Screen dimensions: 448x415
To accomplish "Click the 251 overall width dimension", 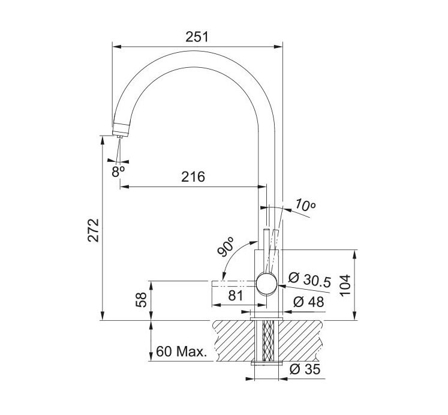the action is click(197, 37).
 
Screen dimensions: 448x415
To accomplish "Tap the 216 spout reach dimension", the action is click(193, 177).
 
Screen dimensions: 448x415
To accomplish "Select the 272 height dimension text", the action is click(94, 230).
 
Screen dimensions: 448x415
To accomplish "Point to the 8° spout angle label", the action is click(118, 172).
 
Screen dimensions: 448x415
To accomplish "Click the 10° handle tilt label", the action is click(305, 205).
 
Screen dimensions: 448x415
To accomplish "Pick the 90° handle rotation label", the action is click(226, 246).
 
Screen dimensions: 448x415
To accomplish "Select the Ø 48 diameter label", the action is click(309, 302).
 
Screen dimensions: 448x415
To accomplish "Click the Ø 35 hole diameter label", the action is click(305, 369).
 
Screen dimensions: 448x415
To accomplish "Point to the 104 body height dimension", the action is click(345, 285).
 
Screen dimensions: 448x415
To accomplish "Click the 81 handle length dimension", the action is click(236, 296).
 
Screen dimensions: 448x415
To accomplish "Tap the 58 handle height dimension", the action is click(141, 300).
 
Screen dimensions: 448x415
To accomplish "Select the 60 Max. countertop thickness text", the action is click(182, 351).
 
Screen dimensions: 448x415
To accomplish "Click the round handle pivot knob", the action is click(266, 283).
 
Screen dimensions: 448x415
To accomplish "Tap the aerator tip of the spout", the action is click(119, 137).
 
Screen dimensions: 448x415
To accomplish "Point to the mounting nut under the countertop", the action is click(266, 363).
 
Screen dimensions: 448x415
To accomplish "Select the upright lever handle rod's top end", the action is click(266, 229).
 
